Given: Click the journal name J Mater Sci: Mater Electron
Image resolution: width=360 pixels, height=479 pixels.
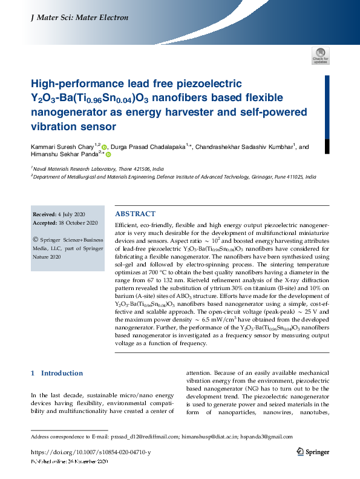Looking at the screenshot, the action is [79, 18].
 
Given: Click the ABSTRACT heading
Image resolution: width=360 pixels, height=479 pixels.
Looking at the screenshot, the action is [135, 214].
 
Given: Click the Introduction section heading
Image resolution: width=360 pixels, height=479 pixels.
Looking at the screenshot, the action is [61, 373].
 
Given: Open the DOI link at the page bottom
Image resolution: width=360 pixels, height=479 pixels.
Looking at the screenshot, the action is [90, 452].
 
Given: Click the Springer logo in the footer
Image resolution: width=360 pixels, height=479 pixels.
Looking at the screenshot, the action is [313, 452].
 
